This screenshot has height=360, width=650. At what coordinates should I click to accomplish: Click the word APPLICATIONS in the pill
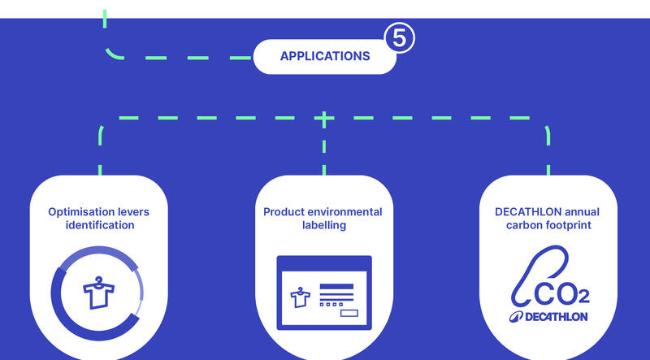point(325,56)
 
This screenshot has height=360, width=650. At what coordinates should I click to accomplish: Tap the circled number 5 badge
point(400,38)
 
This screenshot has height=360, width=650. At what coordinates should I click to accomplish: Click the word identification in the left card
point(100,225)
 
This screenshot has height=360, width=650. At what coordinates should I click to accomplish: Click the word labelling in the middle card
point(323,226)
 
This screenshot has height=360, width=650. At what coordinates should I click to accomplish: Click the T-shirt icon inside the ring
point(98,293)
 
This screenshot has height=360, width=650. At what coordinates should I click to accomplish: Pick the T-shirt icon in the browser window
point(300,297)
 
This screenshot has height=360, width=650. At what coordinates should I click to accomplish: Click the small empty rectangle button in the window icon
point(349,313)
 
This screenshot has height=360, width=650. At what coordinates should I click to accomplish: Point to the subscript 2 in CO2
point(583,296)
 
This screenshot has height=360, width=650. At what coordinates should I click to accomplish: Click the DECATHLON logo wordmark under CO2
point(548,317)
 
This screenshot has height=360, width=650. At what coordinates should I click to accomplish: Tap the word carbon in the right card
point(522,225)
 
